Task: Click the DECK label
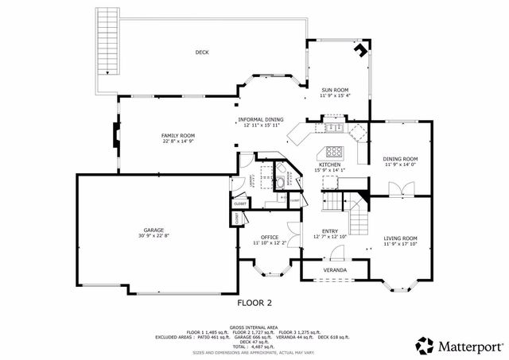coord(202,53)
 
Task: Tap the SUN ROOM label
coord(335,90)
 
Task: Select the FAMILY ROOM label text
coord(178,136)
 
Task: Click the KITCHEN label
coord(329,165)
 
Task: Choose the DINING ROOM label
coord(400,159)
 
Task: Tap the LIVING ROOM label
coord(400,238)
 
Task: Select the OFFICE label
coord(269,238)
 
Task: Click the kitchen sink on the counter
coord(332,127)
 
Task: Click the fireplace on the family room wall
coord(116,141)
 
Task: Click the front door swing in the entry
coord(336,254)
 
